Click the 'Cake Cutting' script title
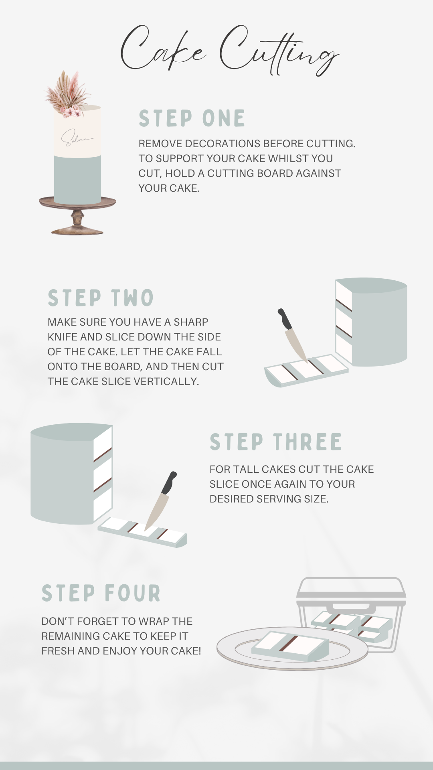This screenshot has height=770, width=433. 230,50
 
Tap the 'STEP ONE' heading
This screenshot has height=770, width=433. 192,118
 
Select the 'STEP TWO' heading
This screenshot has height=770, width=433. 101,298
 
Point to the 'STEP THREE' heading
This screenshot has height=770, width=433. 275,442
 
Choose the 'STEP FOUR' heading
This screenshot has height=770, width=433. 101,593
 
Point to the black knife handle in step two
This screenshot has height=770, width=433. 286,319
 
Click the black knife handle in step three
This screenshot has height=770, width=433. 169,483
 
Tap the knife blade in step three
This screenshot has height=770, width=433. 157,512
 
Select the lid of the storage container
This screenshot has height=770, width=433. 351,592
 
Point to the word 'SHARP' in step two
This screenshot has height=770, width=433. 191,322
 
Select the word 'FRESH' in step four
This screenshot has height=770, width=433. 58,651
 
